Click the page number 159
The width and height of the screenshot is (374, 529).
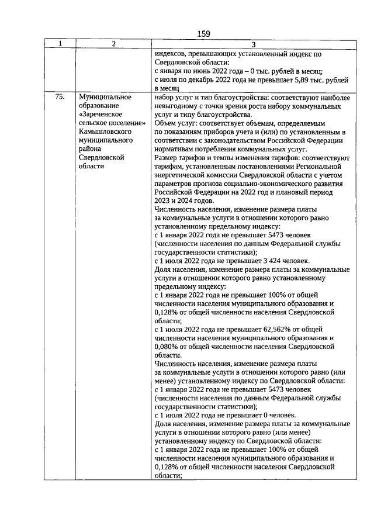[x=203, y=33]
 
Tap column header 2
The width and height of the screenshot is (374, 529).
[x=113, y=44]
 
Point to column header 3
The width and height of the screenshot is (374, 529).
[x=253, y=44]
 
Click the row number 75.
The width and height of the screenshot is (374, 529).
[x=60, y=97]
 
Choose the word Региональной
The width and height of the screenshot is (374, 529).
[x=318, y=167]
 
